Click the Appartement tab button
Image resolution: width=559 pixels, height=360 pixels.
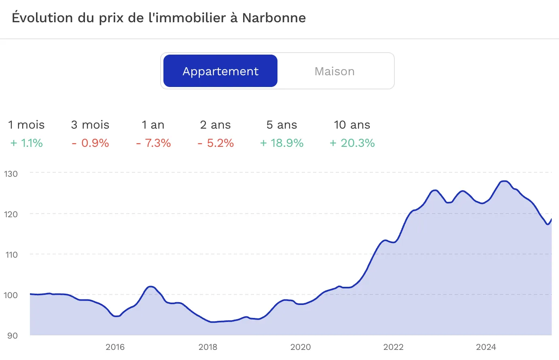click(x=220, y=71)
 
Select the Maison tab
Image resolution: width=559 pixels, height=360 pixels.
click(x=335, y=71)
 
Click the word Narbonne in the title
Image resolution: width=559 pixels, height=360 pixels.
click(x=274, y=18)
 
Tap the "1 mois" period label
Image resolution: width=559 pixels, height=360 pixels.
click(x=26, y=125)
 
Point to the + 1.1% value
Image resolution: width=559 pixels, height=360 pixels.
click(x=27, y=143)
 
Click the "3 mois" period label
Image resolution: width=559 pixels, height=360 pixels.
click(x=90, y=125)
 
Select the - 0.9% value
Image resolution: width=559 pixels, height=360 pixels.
click(x=91, y=143)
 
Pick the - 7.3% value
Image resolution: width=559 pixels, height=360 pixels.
click(x=154, y=143)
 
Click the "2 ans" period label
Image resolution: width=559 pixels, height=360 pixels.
click(x=215, y=125)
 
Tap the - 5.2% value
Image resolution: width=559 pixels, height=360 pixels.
click(x=216, y=143)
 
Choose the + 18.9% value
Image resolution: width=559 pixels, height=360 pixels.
click(x=282, y=143)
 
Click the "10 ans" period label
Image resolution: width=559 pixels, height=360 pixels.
click(x=352, y=125)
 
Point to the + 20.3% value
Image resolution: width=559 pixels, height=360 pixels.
click(x=352, y=143)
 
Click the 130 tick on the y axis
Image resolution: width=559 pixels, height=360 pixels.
click(x=11, y=174)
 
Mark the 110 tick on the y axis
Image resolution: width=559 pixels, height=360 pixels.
click(x=11, y=255)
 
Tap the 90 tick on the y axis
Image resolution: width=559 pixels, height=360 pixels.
click(x=13, y=336)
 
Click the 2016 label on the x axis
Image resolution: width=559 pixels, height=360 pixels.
click(x=115, y=347)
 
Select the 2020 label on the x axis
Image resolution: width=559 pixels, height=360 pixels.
click(x=301, y=347)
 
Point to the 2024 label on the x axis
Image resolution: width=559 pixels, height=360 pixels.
click(x=486, y=347)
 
